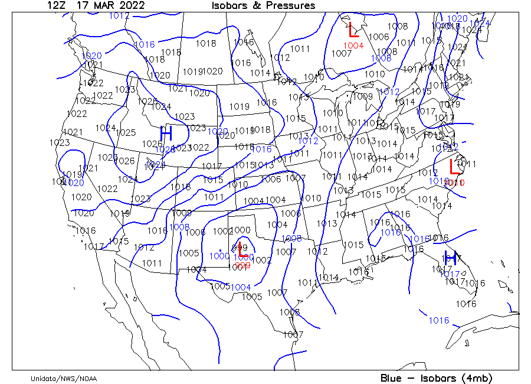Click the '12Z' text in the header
pos(56,5)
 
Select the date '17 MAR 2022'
pos(110,5)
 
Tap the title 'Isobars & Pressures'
pos(263,5)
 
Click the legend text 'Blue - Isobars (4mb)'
pos(436,378)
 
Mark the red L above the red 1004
pos(354,30)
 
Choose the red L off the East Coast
pos(455,167)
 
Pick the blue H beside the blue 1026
pos(166,133)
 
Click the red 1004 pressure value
pos(353,45)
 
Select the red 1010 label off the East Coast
pos(454,183)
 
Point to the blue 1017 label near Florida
pos(450,274)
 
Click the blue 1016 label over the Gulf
pos(438,321)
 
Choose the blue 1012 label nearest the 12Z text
pos(119,16)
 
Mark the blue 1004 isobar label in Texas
pos(241,287)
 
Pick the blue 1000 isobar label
pos(219,256)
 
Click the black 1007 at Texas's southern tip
pos(293,335)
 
